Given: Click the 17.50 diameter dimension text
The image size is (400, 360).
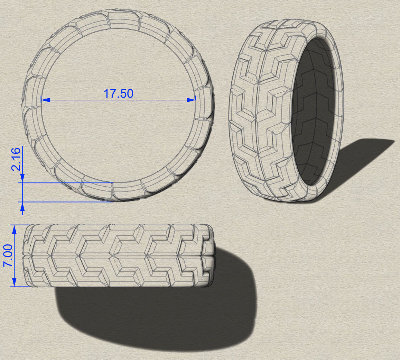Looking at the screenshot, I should pos(118,93).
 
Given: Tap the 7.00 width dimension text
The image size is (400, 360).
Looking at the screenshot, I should pos(8,255).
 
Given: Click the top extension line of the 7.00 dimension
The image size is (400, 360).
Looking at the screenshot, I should pos(21,225).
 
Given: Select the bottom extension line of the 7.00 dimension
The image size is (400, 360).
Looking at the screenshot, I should pos(21,287).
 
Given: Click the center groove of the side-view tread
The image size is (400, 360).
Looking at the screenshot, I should pos(118,256).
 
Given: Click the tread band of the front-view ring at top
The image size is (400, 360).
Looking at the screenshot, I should pos(118,19).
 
